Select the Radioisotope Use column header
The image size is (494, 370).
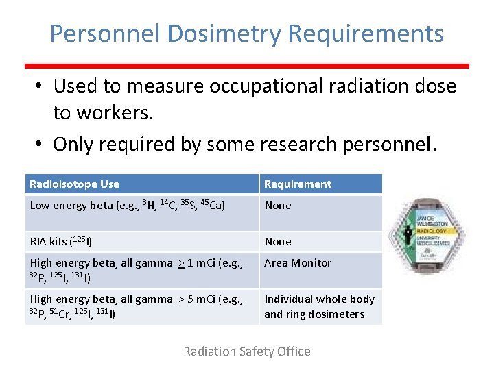pos(74,184)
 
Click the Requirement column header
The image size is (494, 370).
pos(298,184)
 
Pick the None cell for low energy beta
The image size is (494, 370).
pos(278,205)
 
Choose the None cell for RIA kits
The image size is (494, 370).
pos(278,241)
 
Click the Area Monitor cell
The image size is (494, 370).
pos(298,262)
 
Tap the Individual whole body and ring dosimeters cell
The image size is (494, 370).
pos(319,306)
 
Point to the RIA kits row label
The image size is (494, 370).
pos(60,241)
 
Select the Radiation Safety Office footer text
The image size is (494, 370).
pos(246,351)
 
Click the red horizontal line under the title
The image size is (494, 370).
pos(247,66)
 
